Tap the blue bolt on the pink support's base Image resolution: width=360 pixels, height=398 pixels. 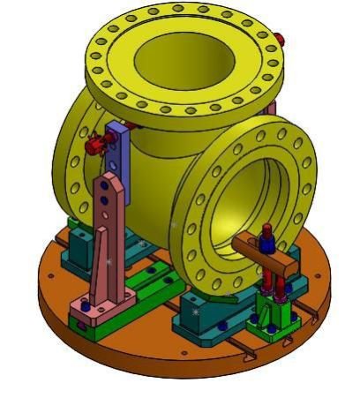[x=85, y=304]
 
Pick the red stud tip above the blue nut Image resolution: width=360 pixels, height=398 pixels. [x=266, y=229]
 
